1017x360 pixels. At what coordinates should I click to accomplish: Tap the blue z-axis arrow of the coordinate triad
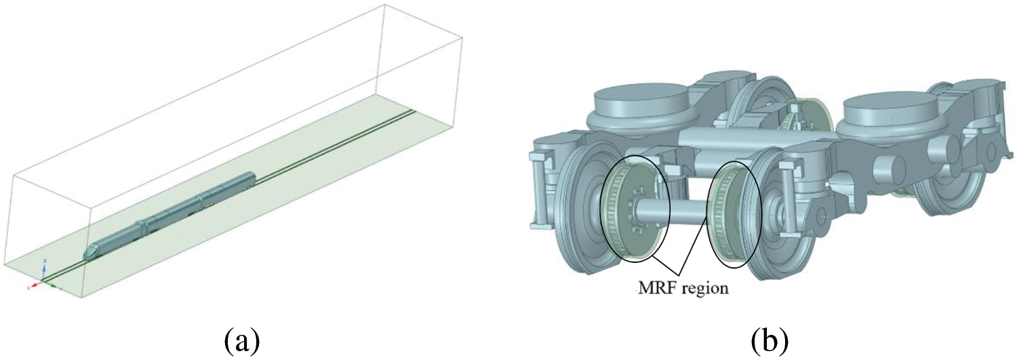point(44,269)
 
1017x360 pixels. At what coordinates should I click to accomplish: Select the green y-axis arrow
point(53,285)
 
